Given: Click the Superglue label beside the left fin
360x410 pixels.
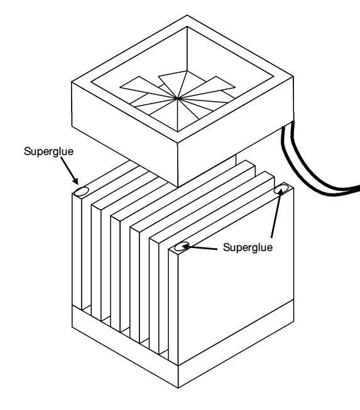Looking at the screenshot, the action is click(48, 151).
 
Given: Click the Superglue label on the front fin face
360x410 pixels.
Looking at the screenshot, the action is click(248, 247).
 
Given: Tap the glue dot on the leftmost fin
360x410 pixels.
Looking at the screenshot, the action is click(82, 192).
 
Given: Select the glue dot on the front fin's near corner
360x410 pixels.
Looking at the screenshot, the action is click(182, 246).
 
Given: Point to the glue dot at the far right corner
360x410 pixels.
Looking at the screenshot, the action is click(281, 189).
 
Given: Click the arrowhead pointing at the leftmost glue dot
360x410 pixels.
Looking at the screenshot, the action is click(75, 181).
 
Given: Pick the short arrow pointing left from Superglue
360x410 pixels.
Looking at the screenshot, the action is click(200, 247).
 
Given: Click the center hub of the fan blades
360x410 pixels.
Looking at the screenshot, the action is click(178, 99).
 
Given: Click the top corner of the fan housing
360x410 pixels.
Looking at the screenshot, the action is click(187, 16).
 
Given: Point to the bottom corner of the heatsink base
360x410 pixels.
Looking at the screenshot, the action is click(178, 388).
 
